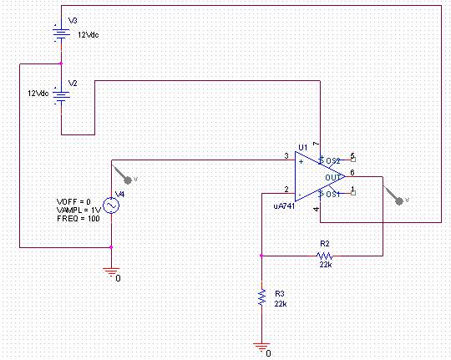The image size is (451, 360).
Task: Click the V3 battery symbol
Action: click(x=61, y=33)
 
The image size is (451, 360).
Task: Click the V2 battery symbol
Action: click(x=61, y=96)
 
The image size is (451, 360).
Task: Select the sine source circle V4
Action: click(x=111, y=205)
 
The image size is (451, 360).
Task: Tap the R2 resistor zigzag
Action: click(x=325, y=256)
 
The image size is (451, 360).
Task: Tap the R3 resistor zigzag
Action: click(x=261, y=297)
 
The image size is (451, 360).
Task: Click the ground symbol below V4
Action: click(x=112, y=272)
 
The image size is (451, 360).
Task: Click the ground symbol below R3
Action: click(x=261, y=347)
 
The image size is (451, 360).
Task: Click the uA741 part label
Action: click(x=284, y=206)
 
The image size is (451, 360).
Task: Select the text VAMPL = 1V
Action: click(x=79, y=210)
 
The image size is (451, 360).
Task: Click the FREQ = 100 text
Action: click(x=79, y=219)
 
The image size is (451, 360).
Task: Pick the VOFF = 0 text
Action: click(x=73, y=202)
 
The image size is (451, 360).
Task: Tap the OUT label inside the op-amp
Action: click(x=332, y=178)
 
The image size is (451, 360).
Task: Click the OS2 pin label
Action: click(x=333, y=161)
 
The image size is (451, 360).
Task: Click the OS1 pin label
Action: click(x=333, y=195)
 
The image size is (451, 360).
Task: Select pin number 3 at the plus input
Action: click(x=286, y=156)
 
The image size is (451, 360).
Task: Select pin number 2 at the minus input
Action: click(x=286, y=190)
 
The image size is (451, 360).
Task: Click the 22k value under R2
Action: click(x=326, y=265)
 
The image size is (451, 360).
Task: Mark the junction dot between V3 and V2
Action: click(x=61, y=63)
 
